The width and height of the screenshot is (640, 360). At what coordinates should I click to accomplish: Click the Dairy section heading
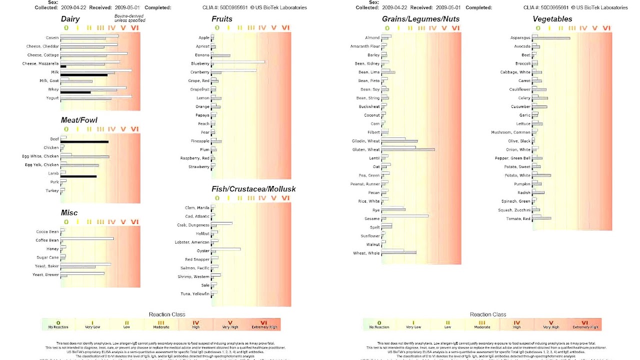point(70,19)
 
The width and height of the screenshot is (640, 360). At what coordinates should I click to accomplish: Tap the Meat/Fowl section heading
point(79,120)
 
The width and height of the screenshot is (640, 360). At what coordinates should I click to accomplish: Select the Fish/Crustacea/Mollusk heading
point(253,189)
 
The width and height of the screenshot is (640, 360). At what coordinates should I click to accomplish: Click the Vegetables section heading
point(552,19)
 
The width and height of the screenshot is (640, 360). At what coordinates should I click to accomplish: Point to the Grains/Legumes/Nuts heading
point(420,19)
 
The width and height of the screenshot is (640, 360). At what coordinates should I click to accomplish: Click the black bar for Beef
point(84,142)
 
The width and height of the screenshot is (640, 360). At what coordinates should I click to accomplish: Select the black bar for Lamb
point(78,176)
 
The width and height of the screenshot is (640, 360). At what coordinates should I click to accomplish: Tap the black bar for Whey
point(75,92)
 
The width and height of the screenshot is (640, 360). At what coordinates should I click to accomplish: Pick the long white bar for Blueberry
point(238,62)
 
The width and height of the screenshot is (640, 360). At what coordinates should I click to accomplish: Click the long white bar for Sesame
point(405,216)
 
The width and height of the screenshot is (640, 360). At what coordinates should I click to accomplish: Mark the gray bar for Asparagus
point(551,38)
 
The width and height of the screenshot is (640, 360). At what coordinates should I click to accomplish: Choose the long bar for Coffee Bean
point(87,238)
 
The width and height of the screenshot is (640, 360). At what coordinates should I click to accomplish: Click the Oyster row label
point(203,251)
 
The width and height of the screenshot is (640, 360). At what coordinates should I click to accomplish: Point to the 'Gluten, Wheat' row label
point(366,149)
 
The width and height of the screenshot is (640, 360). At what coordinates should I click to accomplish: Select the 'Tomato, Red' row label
point(518,219)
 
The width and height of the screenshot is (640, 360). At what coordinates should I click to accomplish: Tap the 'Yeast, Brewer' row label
point(45,274)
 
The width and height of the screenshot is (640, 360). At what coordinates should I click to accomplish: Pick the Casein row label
point(52,38)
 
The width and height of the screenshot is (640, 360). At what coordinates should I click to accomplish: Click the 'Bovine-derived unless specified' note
point(129,18)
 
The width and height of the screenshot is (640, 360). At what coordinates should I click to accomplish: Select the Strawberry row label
point(198,167)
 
